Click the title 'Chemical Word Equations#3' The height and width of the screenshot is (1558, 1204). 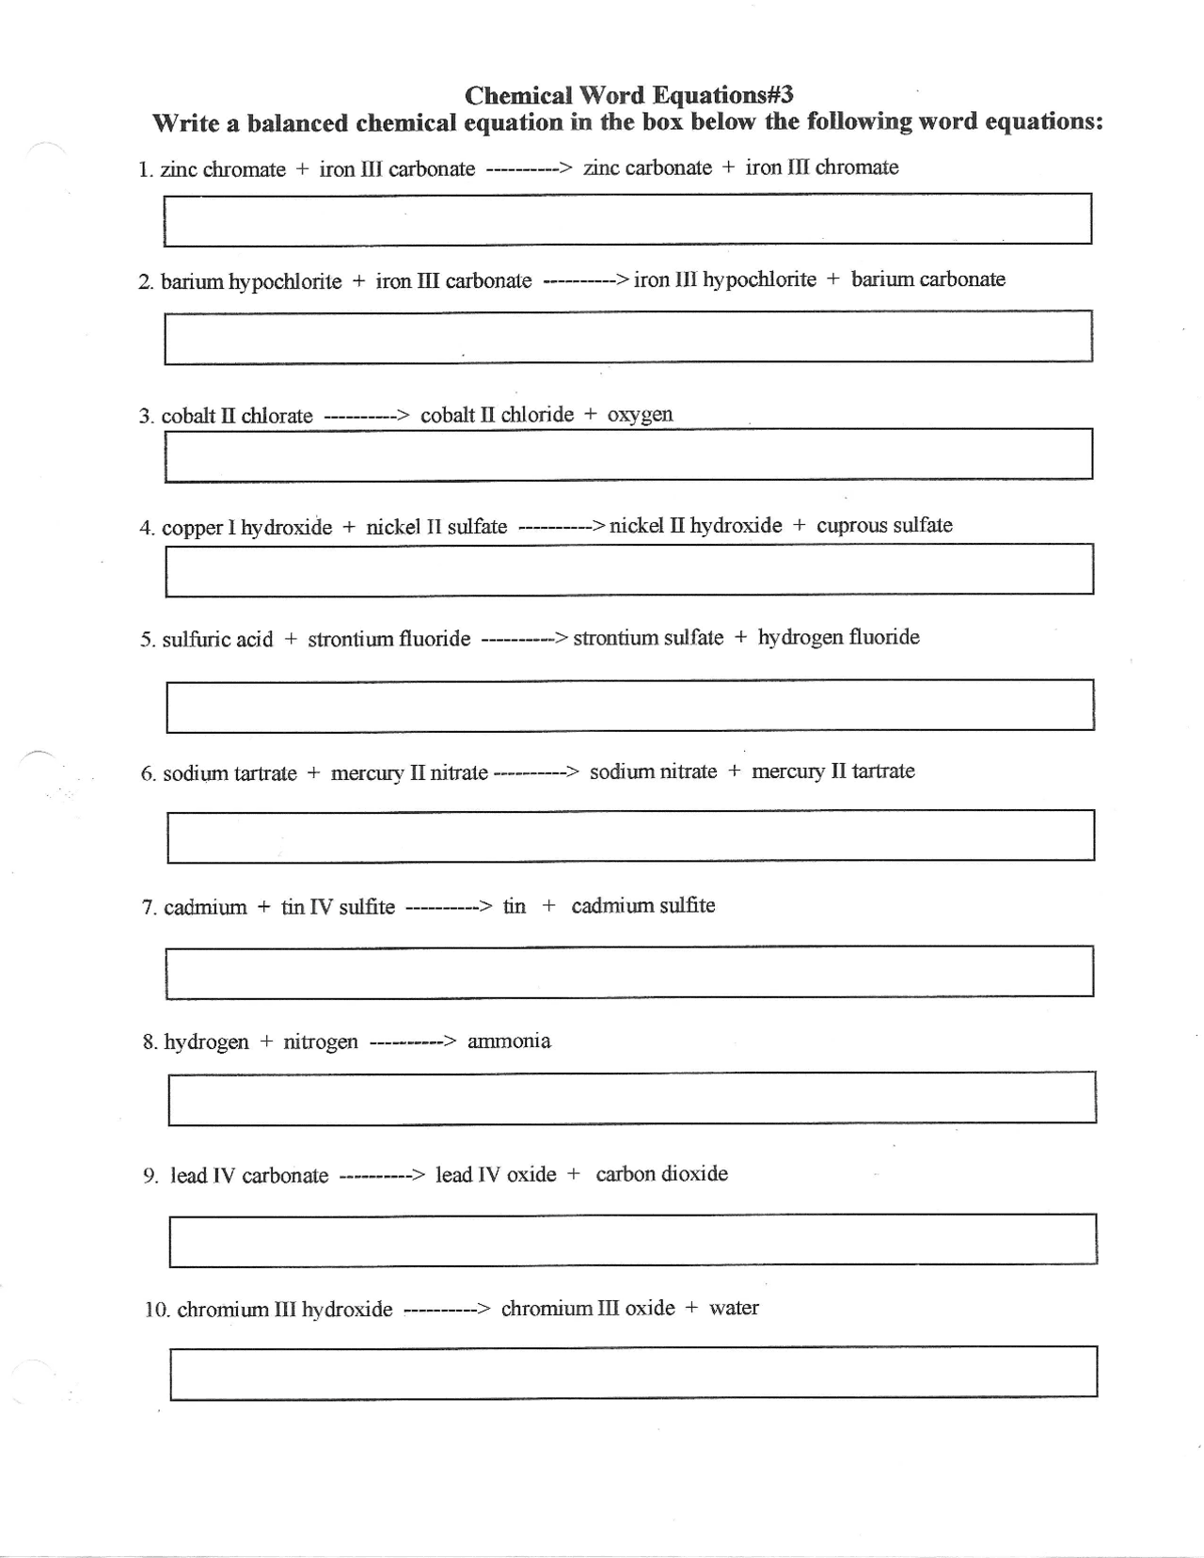628,95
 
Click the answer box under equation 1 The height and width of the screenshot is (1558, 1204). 627,219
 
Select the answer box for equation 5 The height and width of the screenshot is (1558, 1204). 629,706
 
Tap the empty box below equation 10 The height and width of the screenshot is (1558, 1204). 633,1373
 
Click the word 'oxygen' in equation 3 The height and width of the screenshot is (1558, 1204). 640,415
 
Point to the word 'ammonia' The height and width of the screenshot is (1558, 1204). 509,1041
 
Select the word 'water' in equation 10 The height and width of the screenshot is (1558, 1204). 734,1309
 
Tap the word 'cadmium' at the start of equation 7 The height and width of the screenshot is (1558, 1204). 205,908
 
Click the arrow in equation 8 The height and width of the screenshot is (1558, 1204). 413,1042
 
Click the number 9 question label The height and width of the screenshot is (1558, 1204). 150,1176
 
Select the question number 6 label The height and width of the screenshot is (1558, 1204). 149,774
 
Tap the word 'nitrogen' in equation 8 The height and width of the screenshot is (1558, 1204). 321,1042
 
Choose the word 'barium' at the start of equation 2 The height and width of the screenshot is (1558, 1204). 192,282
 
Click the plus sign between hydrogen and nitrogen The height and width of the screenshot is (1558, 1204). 266,1042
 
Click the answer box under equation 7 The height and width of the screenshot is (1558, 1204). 629,972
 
